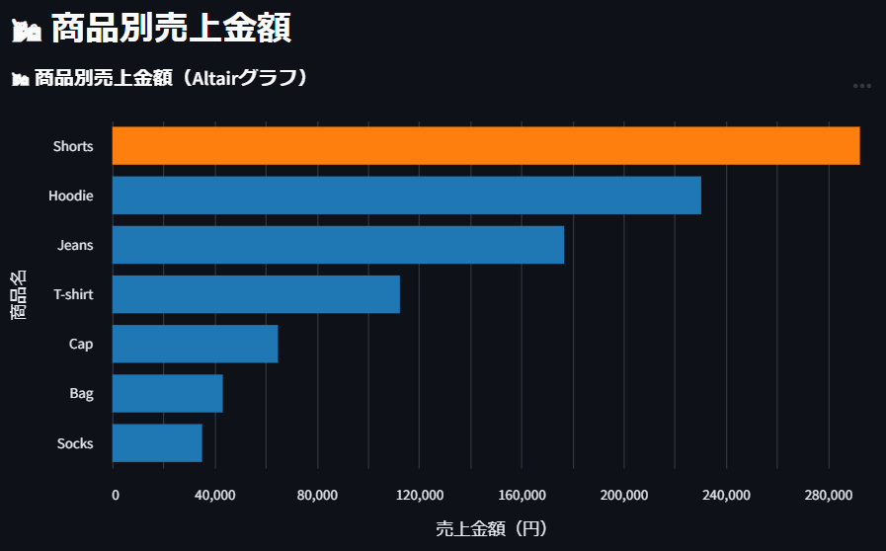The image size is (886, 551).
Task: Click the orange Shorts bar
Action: coord(485,146)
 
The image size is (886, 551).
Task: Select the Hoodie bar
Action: coord(406,196)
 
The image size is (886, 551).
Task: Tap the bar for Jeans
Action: coord(338,245)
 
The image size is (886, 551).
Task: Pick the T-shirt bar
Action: coord(256,294)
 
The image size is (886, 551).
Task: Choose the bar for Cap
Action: coord(195,344)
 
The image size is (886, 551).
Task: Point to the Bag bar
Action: coord(167,393)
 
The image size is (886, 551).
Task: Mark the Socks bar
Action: coord(157,442)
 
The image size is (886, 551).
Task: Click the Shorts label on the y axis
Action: coord(73,146)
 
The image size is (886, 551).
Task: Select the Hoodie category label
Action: coord(71,196)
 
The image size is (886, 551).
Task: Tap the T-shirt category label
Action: coord(73,294)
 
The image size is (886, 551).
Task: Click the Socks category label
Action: coord(75,443)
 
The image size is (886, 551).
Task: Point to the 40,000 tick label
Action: coord(215,495)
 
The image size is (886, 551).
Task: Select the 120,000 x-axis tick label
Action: coord(419,495)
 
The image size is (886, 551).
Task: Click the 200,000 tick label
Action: coord(623,495)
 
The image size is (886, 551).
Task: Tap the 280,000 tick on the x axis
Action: coord(828,495)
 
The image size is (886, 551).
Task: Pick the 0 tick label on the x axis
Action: coord(116,495)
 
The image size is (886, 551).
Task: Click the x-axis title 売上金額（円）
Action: coord(491,529)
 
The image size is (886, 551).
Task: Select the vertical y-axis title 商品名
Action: coord(19,294)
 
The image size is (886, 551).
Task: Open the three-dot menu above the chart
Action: coord(862,86)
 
